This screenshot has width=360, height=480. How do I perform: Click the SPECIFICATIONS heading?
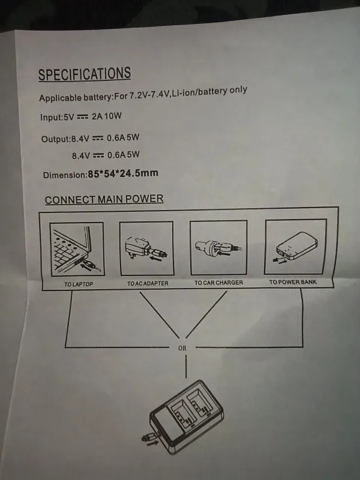coord(84,74)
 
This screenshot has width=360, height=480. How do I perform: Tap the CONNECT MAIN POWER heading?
coord(104,199)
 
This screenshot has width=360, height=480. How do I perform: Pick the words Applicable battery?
coord(75,97)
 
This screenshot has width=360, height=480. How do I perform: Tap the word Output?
coord(55,140)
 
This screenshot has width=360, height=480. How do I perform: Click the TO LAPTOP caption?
coord(79,284)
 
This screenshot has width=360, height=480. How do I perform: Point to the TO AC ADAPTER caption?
coord(148,283)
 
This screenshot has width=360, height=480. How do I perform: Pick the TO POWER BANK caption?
coord(292,282)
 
